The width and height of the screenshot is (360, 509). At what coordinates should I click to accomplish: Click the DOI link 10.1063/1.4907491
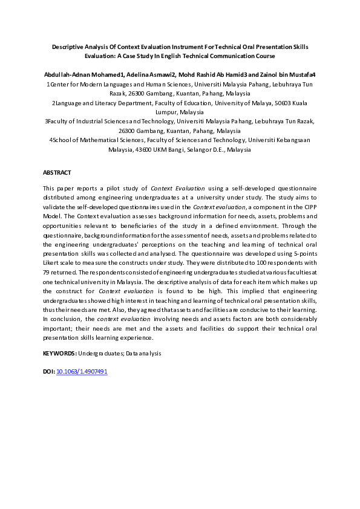pyautogui.click(x=82, y=371)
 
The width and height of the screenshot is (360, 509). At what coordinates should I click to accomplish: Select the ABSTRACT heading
pyautogui.click(x=57, y=172)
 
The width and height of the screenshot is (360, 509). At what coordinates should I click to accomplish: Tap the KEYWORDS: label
pyautogui.click(x=59, y=352)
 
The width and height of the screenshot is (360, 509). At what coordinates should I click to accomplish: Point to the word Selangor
pyautogui.click(x=188, y=149)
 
